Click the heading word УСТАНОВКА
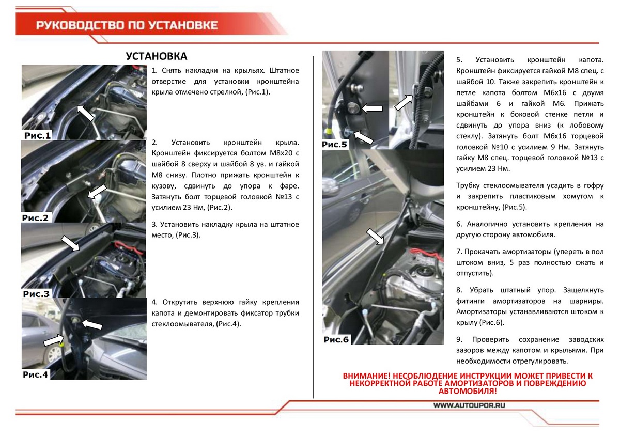click(157, 56)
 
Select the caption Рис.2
click(36, 218)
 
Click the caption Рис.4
click(36, 374)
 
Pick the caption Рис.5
click(335, 145)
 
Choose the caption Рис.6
click(337, 339)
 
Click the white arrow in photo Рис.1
click(86, 112)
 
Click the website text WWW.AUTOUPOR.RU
click(469, 406)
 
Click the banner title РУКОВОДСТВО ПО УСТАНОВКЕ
click(127, 25)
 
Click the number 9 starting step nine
click(459, 339)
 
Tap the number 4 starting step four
click(154, 302)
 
